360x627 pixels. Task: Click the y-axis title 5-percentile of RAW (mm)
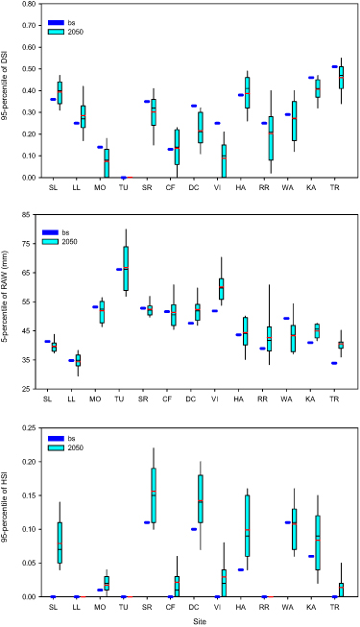point(9,301)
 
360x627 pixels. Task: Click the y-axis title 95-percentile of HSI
point(9,511)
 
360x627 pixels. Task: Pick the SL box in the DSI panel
point(60,93)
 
